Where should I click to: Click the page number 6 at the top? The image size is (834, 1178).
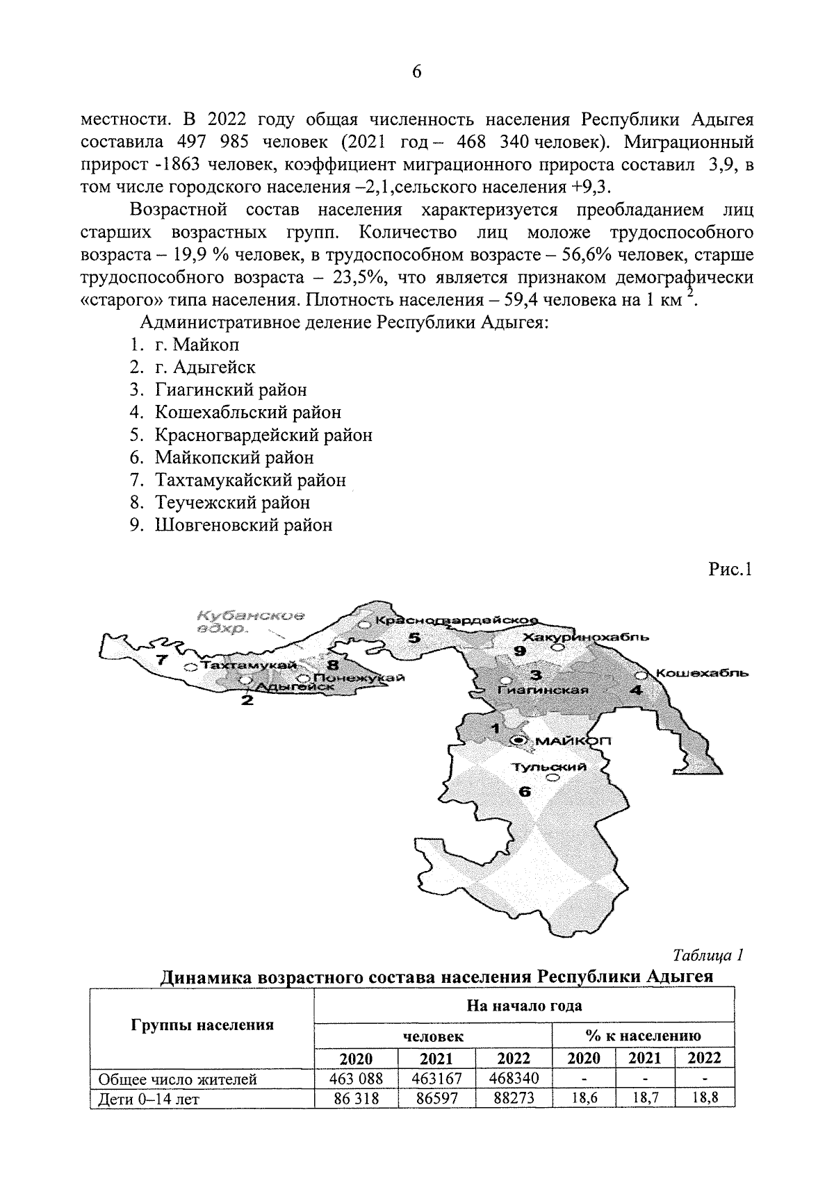click(417, 72)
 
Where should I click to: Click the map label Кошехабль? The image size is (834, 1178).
click(701, 673)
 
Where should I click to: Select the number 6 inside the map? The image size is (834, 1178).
click(525, 792)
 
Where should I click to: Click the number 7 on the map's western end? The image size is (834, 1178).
click(161, 660)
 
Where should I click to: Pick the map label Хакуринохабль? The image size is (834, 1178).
click(587, 636)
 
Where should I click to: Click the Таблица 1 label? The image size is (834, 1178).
click(709, 955)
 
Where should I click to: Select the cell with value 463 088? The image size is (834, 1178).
click(356, 1079)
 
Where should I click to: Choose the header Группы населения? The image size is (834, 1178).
click(202, 1025)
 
